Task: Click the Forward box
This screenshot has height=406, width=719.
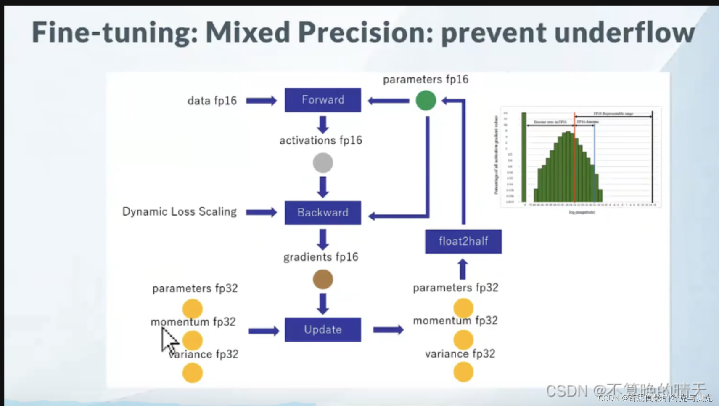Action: coord(322,100)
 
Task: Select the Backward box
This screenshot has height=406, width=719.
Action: coord(322,213)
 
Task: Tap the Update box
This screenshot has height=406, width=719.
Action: coord(322,329)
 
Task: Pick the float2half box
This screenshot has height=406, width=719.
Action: coord(463,241)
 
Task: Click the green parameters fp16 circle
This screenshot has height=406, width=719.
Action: coord(426,101)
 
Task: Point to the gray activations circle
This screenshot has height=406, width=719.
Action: coord(322,163)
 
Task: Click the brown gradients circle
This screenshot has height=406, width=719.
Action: coord(322,280)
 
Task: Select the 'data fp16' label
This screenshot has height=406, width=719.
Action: coord(212,101)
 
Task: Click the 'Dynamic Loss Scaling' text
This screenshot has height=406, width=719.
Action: coord(179,211)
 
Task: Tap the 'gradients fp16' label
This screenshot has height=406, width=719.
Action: coord(320,257)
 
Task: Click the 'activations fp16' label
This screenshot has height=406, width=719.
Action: coord(320,140)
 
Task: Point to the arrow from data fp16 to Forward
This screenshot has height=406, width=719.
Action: coord(261,101)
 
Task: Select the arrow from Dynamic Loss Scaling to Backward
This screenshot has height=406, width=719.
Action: coord(261,212)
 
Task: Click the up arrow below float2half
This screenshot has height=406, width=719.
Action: coord(463,269)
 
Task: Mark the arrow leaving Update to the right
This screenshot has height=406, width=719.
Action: coord(388,329)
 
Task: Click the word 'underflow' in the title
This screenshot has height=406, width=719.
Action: coord(624,32)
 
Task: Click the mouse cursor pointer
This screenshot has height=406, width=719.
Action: coord(169,340)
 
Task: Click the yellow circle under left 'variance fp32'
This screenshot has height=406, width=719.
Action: coord(192,373)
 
